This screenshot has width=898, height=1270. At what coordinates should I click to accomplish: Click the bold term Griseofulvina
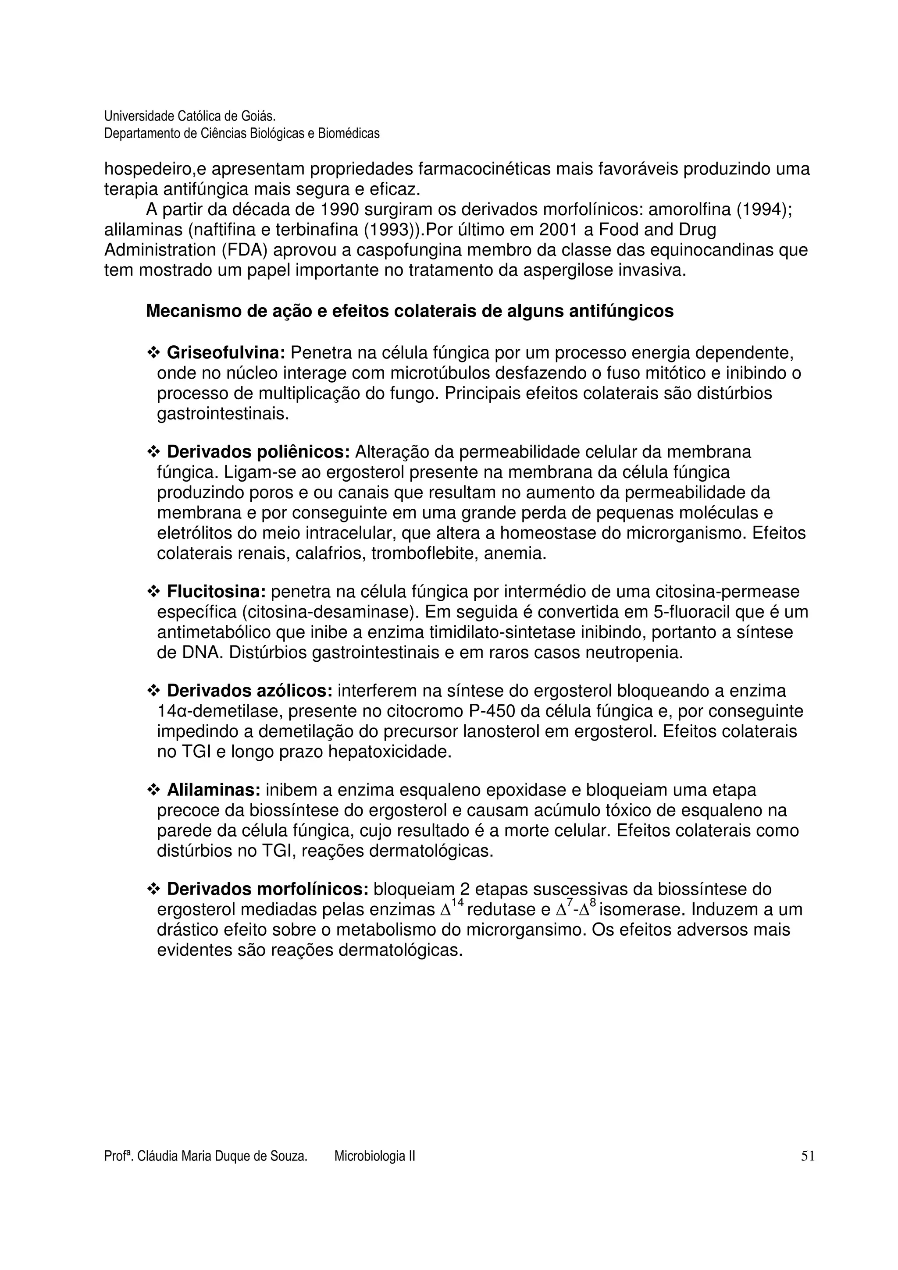pyautogui.click(x=226, y=352)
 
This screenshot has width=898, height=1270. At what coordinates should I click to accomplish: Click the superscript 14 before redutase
pyautogui.click(x=457, y=903)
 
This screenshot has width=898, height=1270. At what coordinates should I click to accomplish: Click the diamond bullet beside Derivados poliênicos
pyautogui.click(x=153, y=452)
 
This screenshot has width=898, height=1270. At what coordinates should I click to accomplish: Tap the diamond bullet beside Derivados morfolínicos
pyautogui.click(x=153, y=890)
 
